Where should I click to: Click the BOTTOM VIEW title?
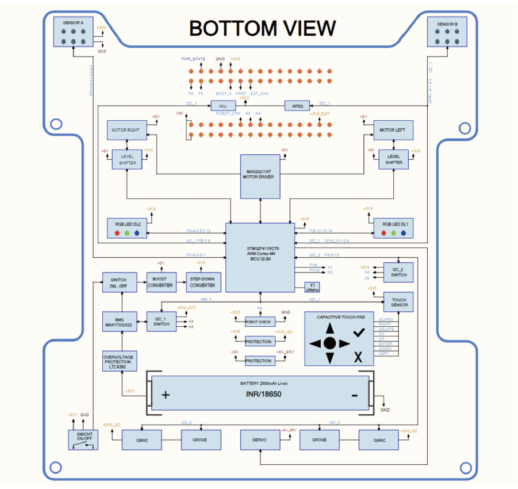pyautogui.click(x=262, y=28)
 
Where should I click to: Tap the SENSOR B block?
pyautogui.click(x=447, y=33)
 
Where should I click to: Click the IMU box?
pyautogui.click(x=223, y=106)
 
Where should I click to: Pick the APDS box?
pyautogui.click(x=297, y=106)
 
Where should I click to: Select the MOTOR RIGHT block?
pyautogui.click(x=126, y=130)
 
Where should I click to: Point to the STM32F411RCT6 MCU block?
pyautogui.click(x=259, y=257)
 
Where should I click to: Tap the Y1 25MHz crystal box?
pyautogui.click(x=313, y=286)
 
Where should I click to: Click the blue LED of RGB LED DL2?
pyautogui.click(x=137, y=233)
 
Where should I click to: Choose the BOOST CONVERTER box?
pyautogui.click(x=160, y=282)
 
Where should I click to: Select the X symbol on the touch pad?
pyautogui.click(x=358, y=357)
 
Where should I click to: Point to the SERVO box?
pyautogui.click(x=260, y=440)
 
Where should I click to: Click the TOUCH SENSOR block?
pyautogui.click(x=400, y=302)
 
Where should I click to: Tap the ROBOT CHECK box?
pyautogui.click(x=258, y=322)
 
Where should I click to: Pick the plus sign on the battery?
pyautogui.click(x=166, y=395)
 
